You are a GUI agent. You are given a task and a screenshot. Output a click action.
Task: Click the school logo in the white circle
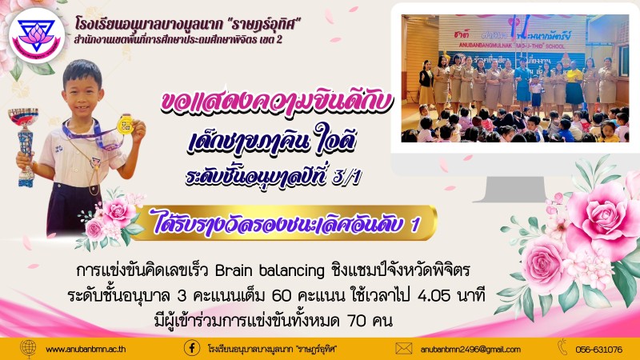(37, 35)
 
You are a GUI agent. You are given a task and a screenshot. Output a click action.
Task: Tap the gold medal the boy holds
(125, 124)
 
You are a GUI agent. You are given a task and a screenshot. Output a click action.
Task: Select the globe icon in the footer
(28, 349)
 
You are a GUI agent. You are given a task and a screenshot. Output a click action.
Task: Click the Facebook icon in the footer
(191, 349)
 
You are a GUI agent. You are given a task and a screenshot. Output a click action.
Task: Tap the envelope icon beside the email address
(404, 349)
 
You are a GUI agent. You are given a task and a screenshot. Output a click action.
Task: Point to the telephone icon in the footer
(562, 347)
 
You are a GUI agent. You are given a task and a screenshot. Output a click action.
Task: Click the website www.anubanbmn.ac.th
(86, 350)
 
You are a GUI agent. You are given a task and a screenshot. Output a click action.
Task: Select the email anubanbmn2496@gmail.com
(470, 350)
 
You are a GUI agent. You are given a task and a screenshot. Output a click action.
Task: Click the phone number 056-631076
(598, 350)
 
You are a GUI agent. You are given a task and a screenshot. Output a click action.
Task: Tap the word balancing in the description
(292, 271)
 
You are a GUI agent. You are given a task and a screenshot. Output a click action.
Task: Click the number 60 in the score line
(282, 296)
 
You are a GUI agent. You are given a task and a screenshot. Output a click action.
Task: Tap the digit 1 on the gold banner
(415, 224)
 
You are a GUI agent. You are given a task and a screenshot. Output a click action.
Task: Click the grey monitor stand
(516, 189)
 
